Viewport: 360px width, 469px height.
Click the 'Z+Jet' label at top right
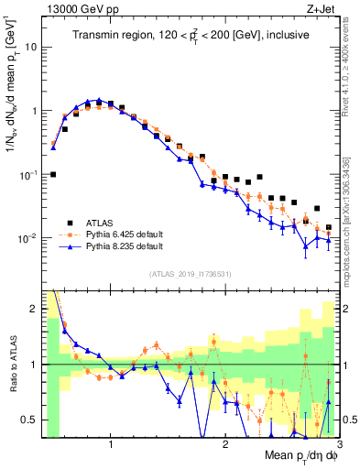point(321,9)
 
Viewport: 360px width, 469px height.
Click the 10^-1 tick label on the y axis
point(27,174)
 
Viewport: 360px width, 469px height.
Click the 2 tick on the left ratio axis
point(33,309)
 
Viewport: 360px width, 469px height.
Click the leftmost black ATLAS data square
point(53,174)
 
